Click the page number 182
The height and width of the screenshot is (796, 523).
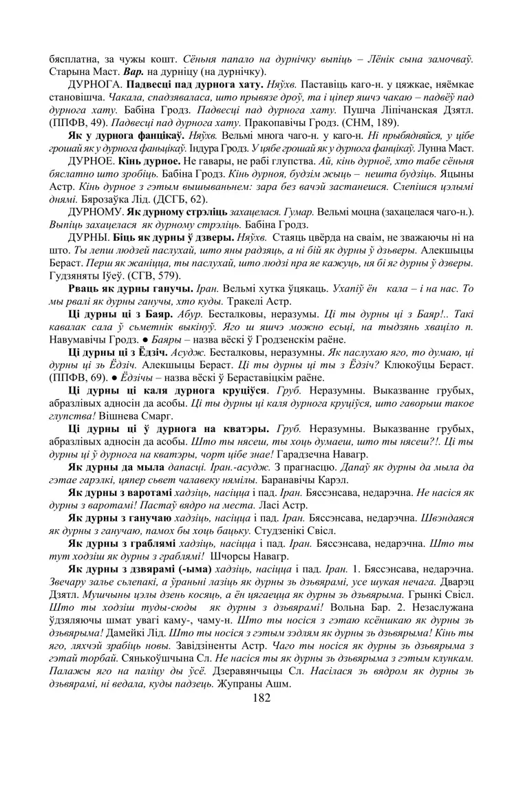(x=261, y=698)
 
